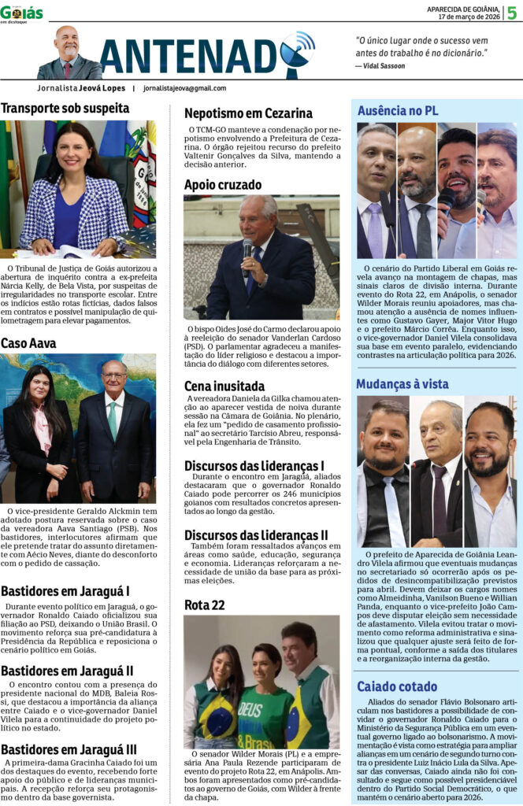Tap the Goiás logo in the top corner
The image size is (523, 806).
coord(21,13)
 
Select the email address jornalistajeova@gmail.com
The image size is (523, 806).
coord(184,88)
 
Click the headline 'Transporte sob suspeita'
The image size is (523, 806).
coord(65,109)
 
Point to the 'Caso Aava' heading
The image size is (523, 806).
coord(28,343)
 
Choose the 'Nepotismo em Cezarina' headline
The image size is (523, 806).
coord(248,113)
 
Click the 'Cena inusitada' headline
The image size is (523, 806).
coord(224,386)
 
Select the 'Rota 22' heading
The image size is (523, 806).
coord(205,604)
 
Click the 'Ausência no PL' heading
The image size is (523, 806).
coord(398,110)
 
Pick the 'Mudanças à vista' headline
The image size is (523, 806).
coord(402,384)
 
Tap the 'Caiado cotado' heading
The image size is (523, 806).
coord(397,686)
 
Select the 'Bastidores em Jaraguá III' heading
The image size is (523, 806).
coord(69,749)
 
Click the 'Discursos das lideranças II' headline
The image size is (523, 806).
coord(256,535)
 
